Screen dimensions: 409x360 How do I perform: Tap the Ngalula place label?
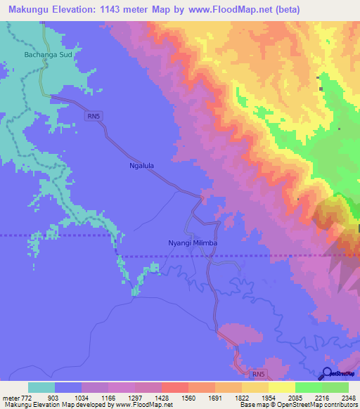click(141, 167)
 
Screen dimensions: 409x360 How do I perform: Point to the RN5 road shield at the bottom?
click(259, 375)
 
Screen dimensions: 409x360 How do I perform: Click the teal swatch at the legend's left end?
click(41, 388)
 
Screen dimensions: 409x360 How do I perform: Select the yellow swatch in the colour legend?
click(282, 388)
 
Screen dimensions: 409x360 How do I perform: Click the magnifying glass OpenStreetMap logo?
click(328, 373)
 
